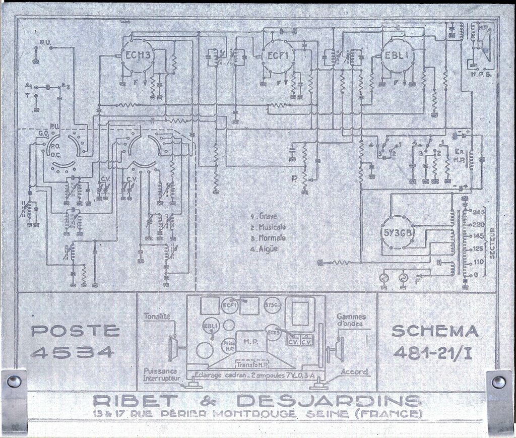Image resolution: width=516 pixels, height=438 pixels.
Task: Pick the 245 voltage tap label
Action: point(478,211)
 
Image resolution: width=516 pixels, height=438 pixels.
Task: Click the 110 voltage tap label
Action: point(478,262)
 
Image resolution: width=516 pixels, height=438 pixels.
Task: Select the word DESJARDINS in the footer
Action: point(328,402)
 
